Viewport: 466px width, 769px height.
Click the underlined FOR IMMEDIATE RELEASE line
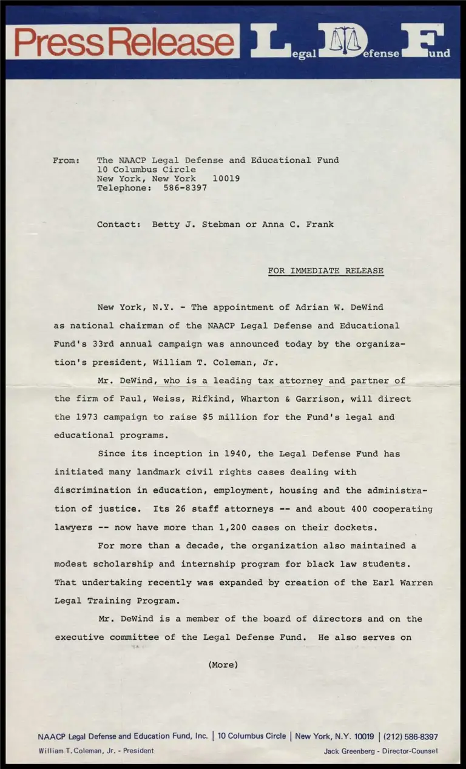(x=326, y=271)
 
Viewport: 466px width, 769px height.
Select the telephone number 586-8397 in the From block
(x=185, y=188)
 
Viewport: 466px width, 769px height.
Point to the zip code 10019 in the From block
(x=226, y=179)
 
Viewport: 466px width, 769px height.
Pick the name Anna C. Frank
(x=298, y=224)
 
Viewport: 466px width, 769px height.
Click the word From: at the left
(x=66, y=161)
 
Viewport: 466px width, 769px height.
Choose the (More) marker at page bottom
(x=223, y=665)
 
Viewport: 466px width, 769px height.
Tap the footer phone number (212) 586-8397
(x=411, y=737)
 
